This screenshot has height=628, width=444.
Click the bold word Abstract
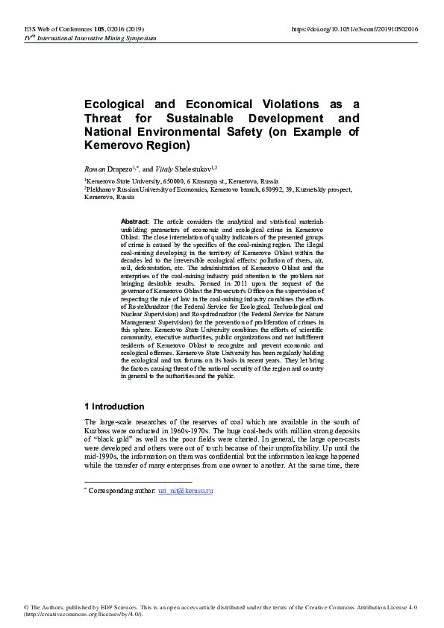134,222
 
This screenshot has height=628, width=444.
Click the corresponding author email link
185,470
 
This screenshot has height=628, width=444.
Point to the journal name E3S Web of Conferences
51,28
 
